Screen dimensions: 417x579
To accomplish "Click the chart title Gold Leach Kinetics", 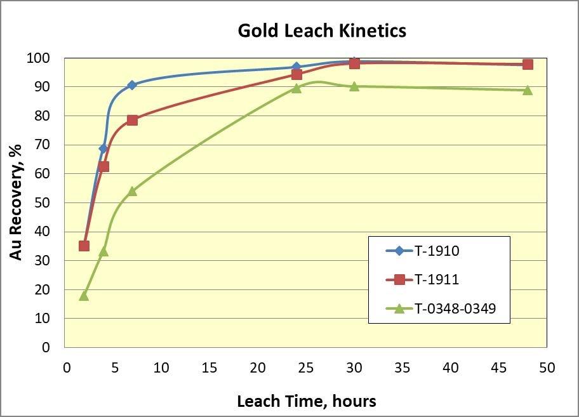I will point(322,30).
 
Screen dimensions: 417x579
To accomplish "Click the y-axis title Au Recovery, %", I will point(17,202).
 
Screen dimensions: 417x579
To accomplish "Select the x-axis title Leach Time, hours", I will point(306,401).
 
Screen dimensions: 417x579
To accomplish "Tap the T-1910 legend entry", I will point(437,251).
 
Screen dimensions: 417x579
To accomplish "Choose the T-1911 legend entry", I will point(437,279).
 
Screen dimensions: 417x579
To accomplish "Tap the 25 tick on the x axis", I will point(306,368).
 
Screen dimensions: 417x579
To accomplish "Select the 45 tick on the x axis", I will point(498,368).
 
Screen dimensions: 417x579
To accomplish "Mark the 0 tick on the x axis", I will point(66,368).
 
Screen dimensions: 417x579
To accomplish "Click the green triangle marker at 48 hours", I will point(528,90).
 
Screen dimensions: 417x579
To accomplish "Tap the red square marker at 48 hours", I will point(528,64).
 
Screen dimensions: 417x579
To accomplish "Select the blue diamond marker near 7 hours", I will point(132,85).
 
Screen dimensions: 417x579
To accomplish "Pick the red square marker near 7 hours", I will point(132,120).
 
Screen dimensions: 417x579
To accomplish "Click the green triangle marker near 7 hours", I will point(132,190).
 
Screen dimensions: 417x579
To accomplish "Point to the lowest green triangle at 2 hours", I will point(84,295).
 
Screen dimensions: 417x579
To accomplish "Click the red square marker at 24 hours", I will point(296,74).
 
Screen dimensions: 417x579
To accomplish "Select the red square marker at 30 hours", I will point(354,63).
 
